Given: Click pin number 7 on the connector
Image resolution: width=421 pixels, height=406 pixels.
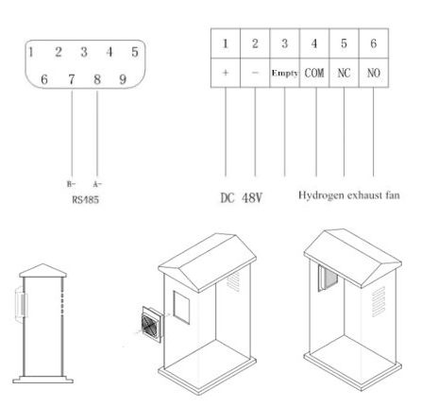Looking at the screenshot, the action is click(72, 79).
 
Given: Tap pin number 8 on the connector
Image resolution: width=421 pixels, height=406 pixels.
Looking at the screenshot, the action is click(97, 79).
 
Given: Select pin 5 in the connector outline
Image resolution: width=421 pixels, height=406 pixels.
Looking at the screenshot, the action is click(135, 52).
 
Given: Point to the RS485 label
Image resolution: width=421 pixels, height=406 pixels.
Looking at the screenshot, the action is click(86, 199).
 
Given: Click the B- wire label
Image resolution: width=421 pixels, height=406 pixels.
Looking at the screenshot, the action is click(71, 184).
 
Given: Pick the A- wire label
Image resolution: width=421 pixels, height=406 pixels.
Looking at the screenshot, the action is click(97, 184).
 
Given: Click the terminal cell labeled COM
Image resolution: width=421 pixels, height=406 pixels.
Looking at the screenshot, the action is click(314, 73).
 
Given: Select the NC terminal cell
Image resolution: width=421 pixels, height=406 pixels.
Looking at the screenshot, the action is click(344, 73).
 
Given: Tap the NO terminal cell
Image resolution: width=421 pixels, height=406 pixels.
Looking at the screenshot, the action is click(374, 73).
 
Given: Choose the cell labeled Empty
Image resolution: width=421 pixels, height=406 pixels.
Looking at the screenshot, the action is click(285, 73).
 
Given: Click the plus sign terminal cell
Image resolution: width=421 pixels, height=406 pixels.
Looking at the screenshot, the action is click(226, 73).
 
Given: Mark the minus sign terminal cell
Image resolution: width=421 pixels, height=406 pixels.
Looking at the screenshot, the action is click(255, 73).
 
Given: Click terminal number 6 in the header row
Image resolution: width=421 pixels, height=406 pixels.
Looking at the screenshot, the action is click(374, 43).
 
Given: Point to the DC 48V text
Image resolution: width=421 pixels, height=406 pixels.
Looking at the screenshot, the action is click(242, 198).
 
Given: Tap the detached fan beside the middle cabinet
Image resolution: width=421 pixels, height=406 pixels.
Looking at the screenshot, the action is click(152, 324).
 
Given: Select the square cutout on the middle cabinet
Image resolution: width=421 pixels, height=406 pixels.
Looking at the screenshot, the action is click(181, 307).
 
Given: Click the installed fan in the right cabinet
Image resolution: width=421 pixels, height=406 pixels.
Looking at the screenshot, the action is click(328, 279).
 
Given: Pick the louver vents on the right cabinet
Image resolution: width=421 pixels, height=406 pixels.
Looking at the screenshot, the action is click(379, 301).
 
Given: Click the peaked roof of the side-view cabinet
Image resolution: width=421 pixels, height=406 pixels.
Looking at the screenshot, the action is click(42, 271).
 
